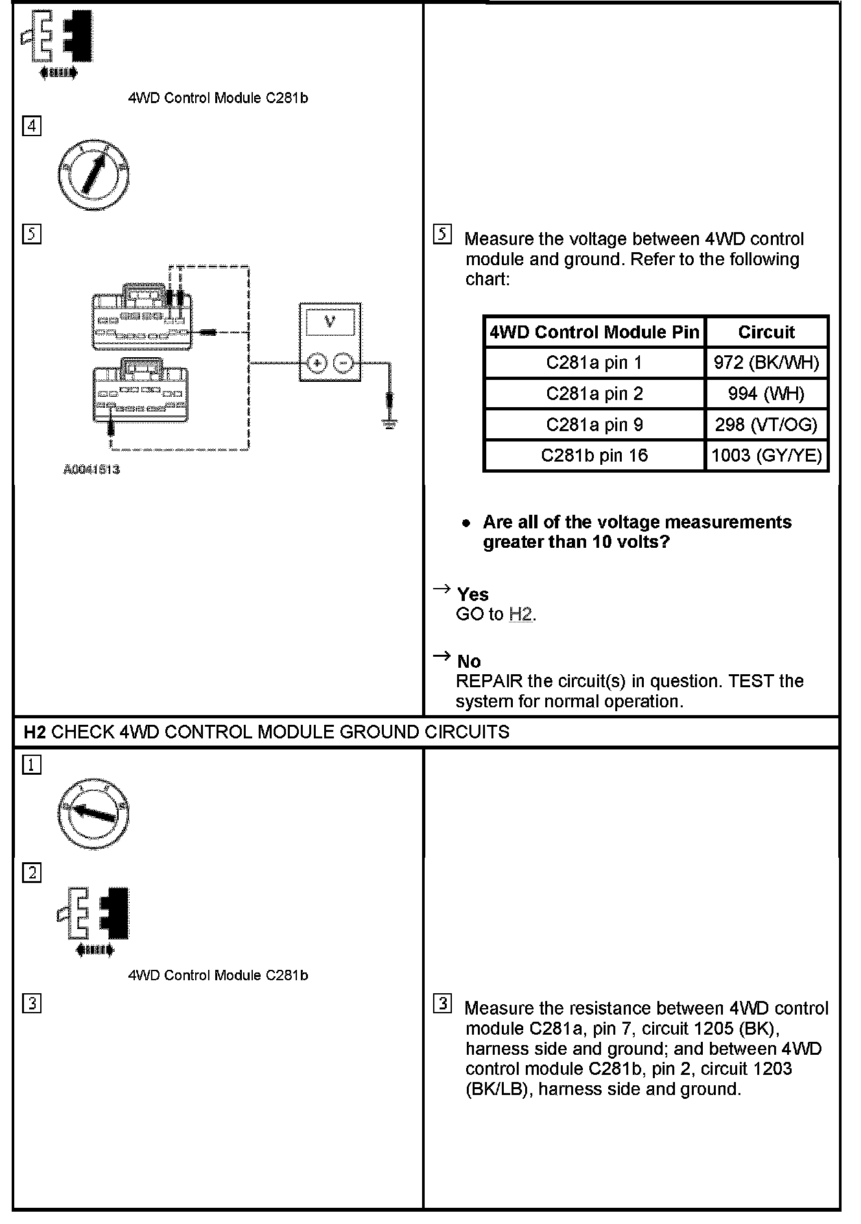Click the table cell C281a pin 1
594,362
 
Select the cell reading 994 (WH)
766,394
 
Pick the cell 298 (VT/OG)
766,425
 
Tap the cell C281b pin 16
594,455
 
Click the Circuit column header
766,332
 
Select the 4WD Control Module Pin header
594,332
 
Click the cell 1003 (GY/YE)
766,455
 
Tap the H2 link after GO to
521,614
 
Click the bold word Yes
473,594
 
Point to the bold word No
469,661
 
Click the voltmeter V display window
330,322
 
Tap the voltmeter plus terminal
316,364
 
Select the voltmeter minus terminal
344,364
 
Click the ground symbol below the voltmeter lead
390,425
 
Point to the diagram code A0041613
91,469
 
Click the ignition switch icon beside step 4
93,174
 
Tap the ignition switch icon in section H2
93,813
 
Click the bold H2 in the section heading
35,732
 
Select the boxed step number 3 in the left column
32,1004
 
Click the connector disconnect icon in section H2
94,919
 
